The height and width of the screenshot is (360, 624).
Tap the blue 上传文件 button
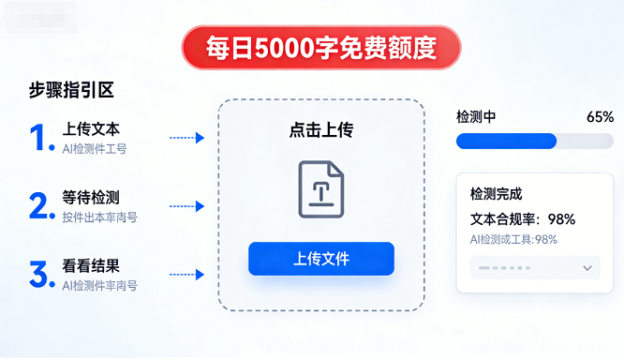click(x=320, y=259)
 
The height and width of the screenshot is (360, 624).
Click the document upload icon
click(x=320, y=189)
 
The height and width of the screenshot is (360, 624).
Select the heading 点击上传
click(x=320, y=130)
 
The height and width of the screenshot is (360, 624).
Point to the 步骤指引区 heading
click(x=71, y=91)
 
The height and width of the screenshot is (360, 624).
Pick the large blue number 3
click(x=39, y=275)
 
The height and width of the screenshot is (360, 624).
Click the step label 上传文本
click(x=91, y=129)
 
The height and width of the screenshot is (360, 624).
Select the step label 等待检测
click(x=91, y=198)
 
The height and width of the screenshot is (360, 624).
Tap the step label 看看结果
click(x=91, y=265)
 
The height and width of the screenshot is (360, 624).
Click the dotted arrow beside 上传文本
click(x=186, y=138)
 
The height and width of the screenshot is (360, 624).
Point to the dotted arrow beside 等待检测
click(x=186, y=206)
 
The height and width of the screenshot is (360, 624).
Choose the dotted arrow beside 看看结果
click(x=186, y=275)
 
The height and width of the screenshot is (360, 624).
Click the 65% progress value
click(x=600, y=117)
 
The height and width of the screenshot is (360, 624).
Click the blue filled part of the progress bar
click(x=506, y=142)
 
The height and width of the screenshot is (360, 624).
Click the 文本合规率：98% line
click(x=522, y=219)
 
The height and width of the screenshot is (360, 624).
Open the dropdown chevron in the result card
click(x=587, y=268)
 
